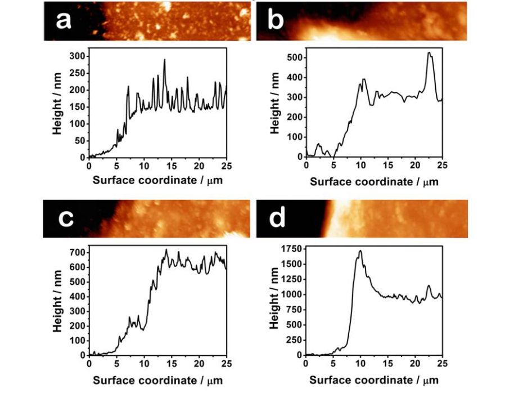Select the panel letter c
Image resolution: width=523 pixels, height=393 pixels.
[x=66, y=218]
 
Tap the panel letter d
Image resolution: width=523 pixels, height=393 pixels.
[x=277, y=218]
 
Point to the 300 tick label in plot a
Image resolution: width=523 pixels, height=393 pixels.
[x=77, y=56]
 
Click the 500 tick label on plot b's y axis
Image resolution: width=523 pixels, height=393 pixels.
[x=291, y=57]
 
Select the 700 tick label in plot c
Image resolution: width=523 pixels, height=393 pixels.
[x=77, y=252]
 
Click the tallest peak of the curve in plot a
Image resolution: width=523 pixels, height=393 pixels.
[x=165, y=60]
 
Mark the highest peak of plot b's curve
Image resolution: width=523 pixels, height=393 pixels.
[x=429, y=52]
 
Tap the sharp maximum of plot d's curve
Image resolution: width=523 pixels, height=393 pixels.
[x=360, y=251]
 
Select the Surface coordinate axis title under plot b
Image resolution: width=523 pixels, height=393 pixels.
[x=374, y=181]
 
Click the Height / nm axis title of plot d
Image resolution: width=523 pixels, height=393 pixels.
[x=274, y=301]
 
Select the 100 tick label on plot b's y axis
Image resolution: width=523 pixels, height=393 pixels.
[x=291, y=137]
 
